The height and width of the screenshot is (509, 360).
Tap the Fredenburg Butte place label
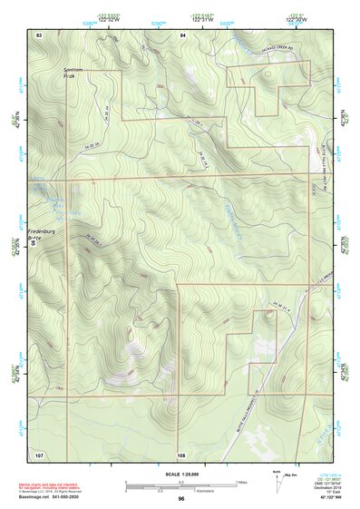(42, 235)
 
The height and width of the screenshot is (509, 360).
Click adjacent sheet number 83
(39, 34)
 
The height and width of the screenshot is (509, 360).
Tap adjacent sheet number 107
(39, 453)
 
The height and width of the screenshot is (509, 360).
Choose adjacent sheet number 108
(181, 453)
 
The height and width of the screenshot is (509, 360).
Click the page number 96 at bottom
(181, 499)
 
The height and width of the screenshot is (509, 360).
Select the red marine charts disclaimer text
(44, 487)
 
